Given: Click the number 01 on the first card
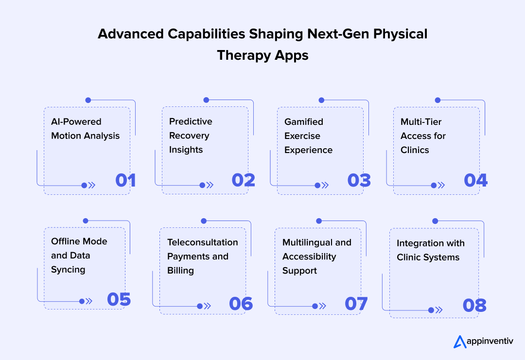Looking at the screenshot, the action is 125,180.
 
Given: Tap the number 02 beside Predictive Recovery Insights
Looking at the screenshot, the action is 244,180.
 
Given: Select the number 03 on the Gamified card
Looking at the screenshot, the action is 359,180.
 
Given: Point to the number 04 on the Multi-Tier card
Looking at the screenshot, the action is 476,180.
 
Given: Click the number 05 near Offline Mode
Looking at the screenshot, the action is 119,299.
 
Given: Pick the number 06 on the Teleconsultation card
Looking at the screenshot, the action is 241,304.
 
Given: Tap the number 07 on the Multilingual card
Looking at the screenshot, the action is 356,304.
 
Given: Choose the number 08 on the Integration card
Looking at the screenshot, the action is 474,305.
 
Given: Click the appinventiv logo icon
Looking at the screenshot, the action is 460,342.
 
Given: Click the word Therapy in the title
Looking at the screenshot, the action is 244,55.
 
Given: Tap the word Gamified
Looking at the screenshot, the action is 304,122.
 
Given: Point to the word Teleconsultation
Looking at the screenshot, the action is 203,242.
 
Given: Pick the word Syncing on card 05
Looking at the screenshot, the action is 68,270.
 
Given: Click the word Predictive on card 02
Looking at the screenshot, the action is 191,121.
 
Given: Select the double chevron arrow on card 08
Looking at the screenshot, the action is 439,310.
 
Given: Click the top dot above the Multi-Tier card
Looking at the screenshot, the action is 437,100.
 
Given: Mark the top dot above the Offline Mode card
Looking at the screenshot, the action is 86,221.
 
